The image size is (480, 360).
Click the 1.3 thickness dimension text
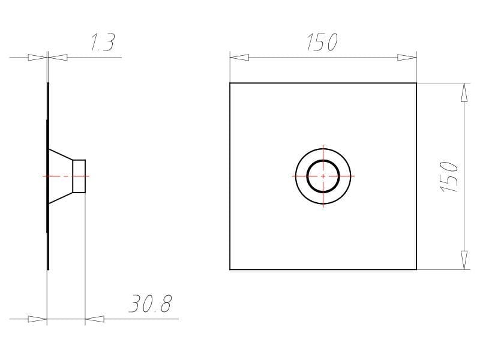tap(103, 43)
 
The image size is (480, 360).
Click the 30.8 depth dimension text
tap(151, 304)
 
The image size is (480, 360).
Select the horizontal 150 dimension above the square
tap(322, 42)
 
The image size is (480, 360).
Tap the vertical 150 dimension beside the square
tap(449, 176)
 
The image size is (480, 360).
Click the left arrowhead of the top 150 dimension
tap(239, 57)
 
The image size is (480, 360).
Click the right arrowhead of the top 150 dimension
tap(407, 57)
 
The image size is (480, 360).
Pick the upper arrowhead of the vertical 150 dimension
tap(464, 92)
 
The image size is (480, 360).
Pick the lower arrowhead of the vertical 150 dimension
tap(464, 260)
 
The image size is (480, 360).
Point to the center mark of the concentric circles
tap(323, 176)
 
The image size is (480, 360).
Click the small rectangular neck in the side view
tap(79, 176)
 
